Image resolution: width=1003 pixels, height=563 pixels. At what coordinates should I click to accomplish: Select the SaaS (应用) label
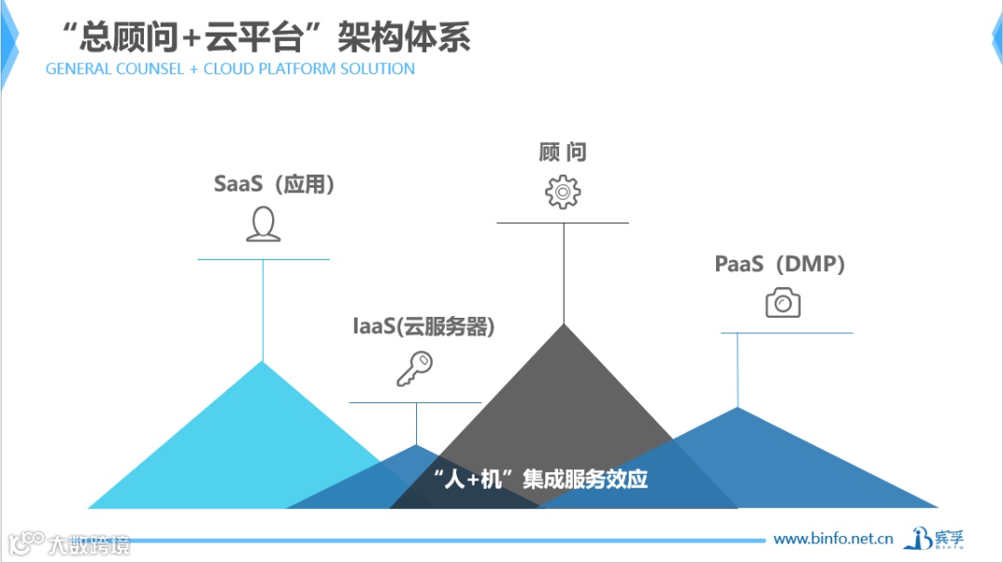click(274, 184)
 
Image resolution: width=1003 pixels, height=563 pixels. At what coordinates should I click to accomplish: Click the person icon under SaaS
click(263, 225)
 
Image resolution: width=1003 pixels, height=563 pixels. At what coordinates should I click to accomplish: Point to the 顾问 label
click(563, 152)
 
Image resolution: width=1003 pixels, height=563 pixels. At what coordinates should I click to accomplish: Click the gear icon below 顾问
click(563, 191)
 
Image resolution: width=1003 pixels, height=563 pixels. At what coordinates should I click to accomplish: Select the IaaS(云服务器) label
click(423, 327)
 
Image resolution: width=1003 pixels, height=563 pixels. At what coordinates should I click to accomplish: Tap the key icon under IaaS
click(414, 369)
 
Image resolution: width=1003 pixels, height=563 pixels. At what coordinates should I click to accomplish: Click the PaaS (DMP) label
click(780, 265)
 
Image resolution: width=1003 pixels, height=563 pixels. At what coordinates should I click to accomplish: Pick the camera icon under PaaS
click(783, 303)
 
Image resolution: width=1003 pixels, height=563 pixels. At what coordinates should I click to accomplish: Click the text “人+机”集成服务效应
click(541, 479)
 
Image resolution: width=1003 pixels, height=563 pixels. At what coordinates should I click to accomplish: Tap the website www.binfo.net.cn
click(833, 538)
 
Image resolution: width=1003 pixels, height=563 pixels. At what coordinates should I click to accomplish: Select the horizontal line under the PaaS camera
click(787, 333)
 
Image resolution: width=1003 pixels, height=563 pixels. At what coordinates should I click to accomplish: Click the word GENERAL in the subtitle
click(82, 69)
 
